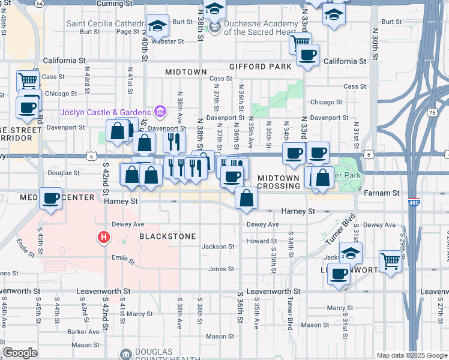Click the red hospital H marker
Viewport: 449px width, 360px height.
104,238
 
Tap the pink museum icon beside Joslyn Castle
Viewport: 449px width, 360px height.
160,111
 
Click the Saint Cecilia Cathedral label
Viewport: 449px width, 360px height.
106,25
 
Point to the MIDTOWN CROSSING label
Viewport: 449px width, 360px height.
279,182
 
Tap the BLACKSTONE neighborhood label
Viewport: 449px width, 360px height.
167,236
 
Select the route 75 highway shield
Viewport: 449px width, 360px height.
432,112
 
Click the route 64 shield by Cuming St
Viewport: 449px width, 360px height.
39,3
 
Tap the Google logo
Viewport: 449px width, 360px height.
20,353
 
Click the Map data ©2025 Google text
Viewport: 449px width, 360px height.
411,355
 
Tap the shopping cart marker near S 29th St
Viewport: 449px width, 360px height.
390,262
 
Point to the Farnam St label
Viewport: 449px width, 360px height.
382,193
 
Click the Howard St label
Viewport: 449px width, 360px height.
261,241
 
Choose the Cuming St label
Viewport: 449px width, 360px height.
114,4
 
